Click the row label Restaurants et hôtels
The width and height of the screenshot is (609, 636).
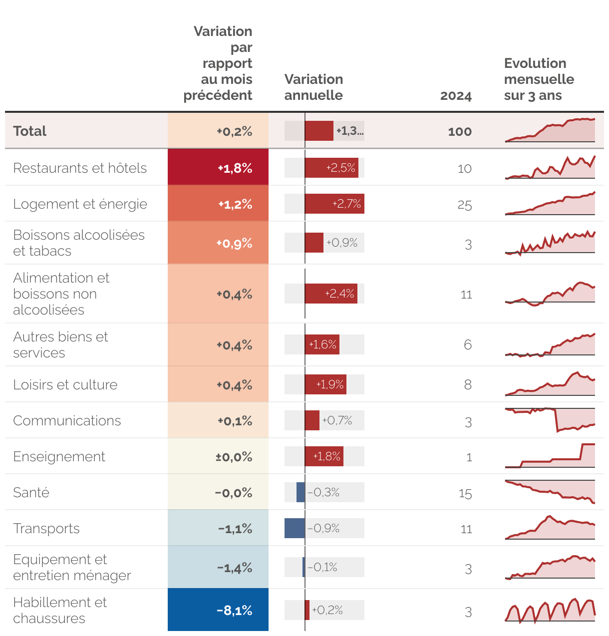[80, 168]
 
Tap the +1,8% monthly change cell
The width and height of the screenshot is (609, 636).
[218, 168]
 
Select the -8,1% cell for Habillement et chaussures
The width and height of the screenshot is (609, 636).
[218, 610]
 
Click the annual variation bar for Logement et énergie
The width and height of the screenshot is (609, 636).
[334, 204]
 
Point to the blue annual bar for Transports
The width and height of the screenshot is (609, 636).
[295, 528]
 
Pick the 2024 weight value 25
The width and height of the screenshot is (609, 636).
[464, 205]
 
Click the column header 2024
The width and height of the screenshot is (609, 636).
[455, 96]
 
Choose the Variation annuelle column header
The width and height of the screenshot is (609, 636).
[313, 87]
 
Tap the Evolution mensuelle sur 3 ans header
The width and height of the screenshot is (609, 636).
[539, 79]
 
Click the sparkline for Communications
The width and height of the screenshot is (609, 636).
[550, 420]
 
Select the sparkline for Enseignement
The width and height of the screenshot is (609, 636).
[550, 456]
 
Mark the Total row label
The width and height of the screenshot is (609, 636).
[30, 131]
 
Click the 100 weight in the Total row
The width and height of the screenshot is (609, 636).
[459, 131]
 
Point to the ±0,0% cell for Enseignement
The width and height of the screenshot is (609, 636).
[218, 457]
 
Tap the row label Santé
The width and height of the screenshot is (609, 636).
[31, 492]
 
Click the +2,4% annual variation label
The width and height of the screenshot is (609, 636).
[339, 294]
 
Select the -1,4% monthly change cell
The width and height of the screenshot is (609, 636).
[218, 568]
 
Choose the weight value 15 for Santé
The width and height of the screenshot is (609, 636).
[465, 494]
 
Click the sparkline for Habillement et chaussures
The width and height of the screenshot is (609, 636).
[550, 611]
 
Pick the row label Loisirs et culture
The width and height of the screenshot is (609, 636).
[65, 384]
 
